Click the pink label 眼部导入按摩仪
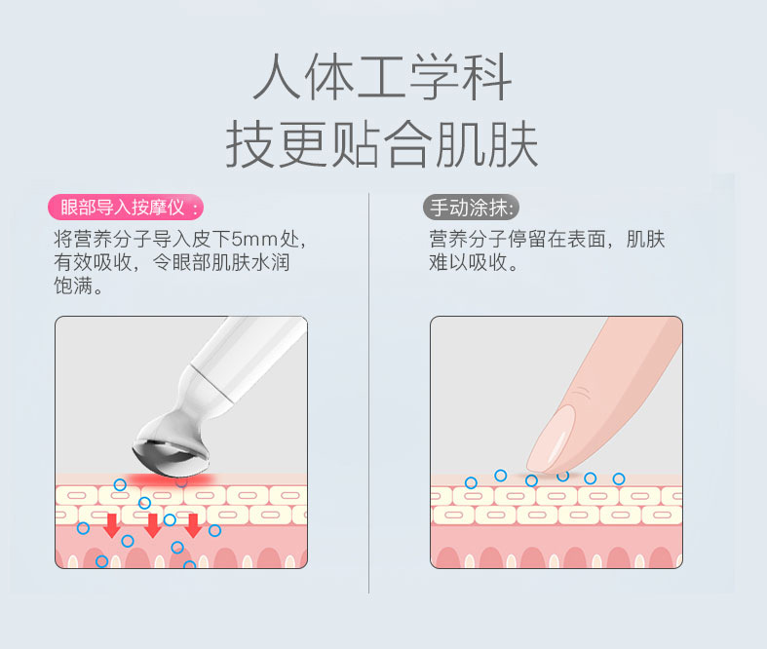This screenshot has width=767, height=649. point(125,208)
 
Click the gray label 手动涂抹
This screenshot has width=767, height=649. point(471,208)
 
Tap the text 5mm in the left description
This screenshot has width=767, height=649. point(254,239)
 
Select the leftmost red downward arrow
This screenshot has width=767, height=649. point(112,526)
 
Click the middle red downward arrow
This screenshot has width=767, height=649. point(153,526)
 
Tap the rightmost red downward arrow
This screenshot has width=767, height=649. point(193,526)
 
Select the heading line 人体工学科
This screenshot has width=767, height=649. point(382,77)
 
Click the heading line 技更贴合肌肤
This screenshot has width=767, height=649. point(382,144)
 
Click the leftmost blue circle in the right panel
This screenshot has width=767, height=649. point(471,483)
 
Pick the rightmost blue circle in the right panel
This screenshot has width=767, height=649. point(619,478)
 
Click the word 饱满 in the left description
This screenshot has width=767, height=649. point(73,286)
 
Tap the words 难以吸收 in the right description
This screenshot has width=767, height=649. point(468,263)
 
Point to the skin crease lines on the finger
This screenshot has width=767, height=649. point(582,392)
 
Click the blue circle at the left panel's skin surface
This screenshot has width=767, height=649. point(120,484)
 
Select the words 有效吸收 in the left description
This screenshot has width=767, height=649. point(93,263)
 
